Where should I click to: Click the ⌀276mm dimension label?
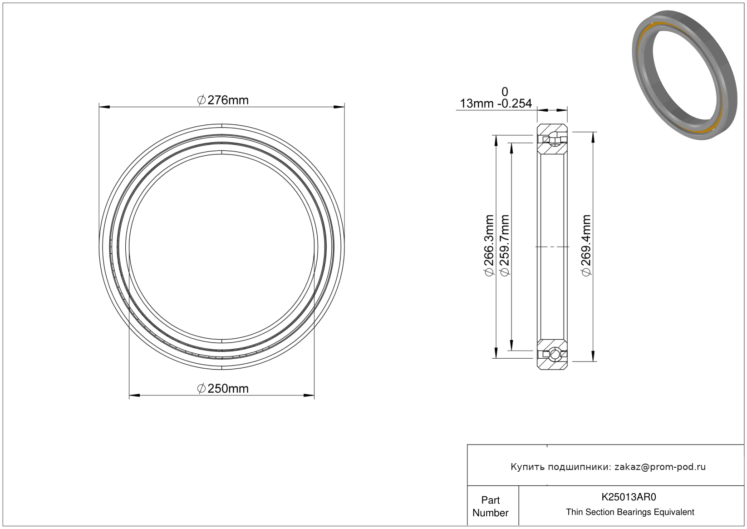(223, 100)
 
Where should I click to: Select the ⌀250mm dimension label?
(223, 389)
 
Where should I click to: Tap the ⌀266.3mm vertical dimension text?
(489, 246)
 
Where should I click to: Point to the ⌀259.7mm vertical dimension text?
(505, 246)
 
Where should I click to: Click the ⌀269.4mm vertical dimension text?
(586, 246)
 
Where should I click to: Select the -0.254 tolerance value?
(515, 104)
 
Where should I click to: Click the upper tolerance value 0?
(505, 92)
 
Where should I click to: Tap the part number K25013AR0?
(629, 497)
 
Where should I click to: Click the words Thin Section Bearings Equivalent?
(630, 512)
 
